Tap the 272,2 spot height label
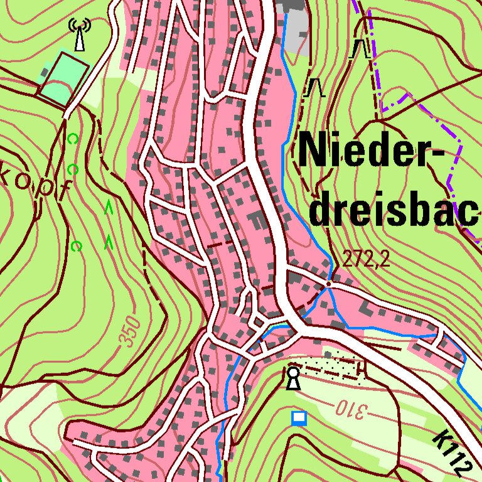(x=367, y=259)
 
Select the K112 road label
(x=453, y=453)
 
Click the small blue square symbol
(x=299, y=417)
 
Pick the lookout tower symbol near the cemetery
(x=293, y=378)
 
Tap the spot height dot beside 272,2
(x=329, y=284)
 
